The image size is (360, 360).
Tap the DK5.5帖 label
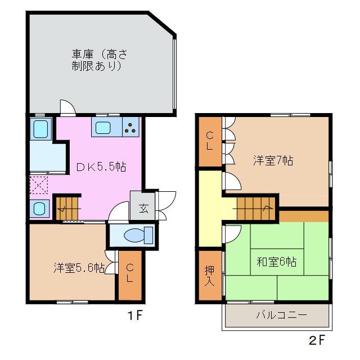[101, 167]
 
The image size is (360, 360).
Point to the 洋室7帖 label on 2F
[272, 160]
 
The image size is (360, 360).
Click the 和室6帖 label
[277, 262]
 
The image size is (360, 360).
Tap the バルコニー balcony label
[281, 315]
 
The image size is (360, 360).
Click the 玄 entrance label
[143, 209]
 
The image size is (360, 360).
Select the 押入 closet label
[209, 275]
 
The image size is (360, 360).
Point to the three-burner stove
[130, 128]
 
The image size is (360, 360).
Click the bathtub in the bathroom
[40, 129]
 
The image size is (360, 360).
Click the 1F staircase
[68, 208]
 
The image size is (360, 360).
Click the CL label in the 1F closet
[129, 273]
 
